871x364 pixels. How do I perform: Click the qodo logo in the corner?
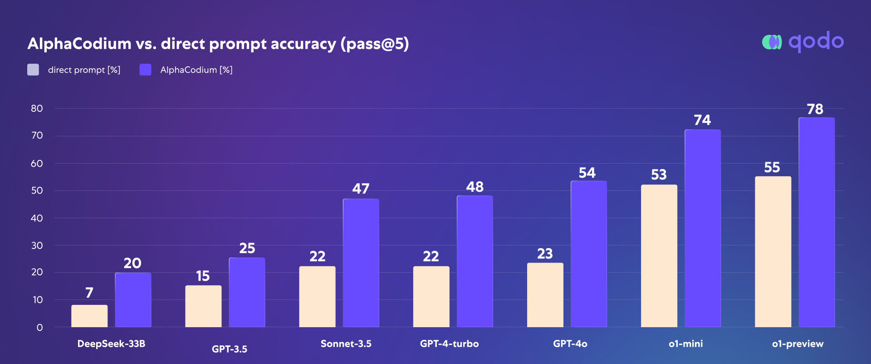coord(802,42)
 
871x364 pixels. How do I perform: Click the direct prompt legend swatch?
coord(33,70)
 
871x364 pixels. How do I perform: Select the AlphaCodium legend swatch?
coord(145,70)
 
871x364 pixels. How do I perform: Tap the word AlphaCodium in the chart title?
coord(79,44)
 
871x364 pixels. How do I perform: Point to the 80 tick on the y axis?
coord(37,109)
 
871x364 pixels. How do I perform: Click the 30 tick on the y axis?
coord(37,245)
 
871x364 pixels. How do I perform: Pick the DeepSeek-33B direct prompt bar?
coord(89,316)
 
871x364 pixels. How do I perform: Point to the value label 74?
coord(702,120)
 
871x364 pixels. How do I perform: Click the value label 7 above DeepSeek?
coord(89,292)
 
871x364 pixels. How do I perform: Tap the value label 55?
coord(772,167)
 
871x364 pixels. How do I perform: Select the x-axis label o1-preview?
coord(798,344)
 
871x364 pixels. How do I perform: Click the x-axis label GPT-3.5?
coord(230,349)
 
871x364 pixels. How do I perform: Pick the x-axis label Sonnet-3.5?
coord(346,344)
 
